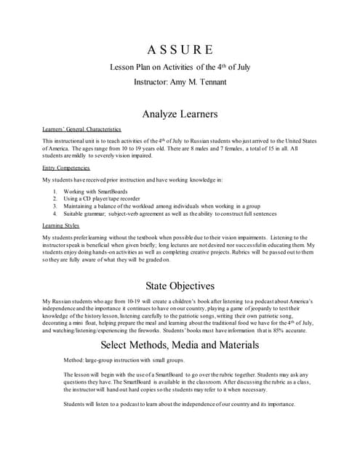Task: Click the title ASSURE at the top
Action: pyautogui.click(x=180, y=50)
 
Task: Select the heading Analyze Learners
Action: pyautogui.click(x=180, y=113)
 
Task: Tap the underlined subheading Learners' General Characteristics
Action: pyautogui.click(x=81, y=129)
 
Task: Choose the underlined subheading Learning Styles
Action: pyautogui.click(x=61, y=225)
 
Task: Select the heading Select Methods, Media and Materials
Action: pyautogui.click(x=180, y=342)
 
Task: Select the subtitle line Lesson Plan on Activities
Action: pyautogui.click(x=180, y=68)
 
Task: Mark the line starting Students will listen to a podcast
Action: pyautogui.click(x=179, y=404)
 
